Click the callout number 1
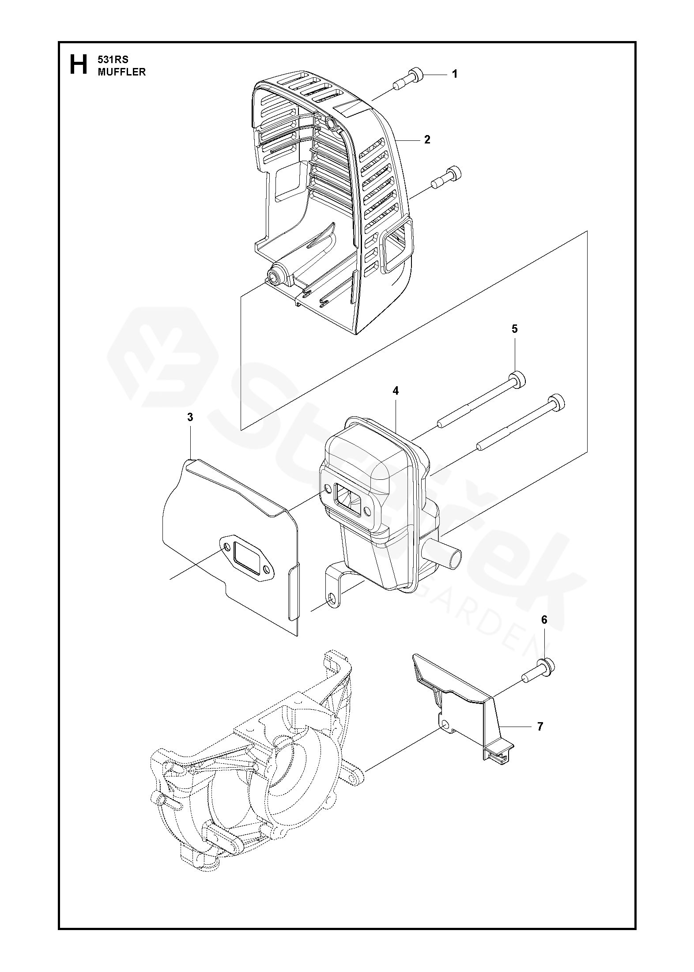[455, 74]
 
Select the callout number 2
[427, 140]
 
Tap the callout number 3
[190, 417]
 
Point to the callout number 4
[396, 391]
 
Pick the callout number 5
[515, 329]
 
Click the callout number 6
[544, 620]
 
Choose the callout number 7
[540, 726]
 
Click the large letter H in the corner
[79, 65]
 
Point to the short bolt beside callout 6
[539, 681]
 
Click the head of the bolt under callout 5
[518, 380]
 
